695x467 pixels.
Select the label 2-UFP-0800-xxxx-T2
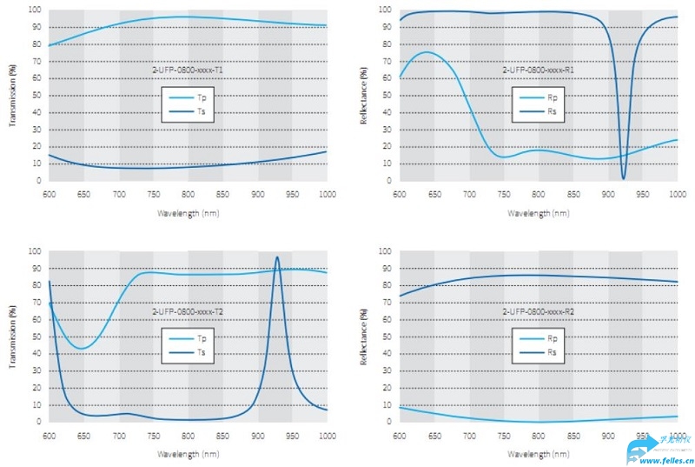click(189, 310)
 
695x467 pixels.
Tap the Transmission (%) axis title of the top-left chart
click(13, 95)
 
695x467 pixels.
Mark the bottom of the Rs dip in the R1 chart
click(624, 178)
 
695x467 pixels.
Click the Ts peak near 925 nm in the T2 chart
click(277, 257)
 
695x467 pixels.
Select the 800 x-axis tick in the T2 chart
click(188, 436)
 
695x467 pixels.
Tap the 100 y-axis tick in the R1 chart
click(385, 10)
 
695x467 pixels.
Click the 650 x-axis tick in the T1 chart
click(83, 193)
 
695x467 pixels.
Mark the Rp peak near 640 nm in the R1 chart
click(427, 52)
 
